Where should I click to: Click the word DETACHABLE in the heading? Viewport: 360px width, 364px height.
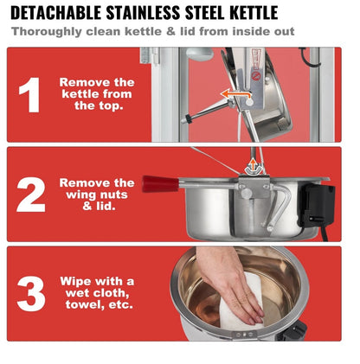click(56, 13)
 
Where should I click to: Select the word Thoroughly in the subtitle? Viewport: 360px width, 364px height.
click(47, 31)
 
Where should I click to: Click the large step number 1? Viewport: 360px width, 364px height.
click(29, 94)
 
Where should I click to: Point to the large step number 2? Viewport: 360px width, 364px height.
click(31, 195)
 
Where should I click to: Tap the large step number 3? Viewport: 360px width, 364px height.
click(31, 294)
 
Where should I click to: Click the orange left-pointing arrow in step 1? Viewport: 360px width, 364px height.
click(235, 93)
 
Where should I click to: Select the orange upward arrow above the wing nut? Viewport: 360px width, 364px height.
click(253, 165)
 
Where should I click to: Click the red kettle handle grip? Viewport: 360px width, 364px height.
click(160, 184)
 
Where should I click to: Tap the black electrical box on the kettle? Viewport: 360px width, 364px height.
click(317, 206)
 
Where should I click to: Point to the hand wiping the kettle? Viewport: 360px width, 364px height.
click(229, 283)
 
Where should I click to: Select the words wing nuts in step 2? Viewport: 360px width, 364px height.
click(97, 195)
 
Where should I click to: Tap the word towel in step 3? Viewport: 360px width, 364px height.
click(85, 304)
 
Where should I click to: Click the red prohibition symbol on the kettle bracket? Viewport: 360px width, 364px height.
click(255, 76)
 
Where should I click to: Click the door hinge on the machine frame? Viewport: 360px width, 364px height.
click(150, 55)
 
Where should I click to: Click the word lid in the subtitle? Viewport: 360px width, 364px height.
click(189, 31)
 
